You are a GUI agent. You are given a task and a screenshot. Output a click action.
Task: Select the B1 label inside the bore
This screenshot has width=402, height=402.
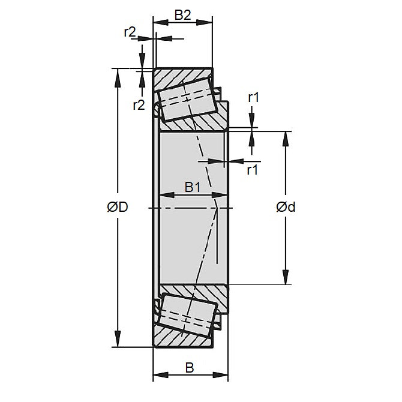(x=192, y=188)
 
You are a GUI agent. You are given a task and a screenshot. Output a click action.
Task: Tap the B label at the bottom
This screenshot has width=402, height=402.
(x=190, y=367)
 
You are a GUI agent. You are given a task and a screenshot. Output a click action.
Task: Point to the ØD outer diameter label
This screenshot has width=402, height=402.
(x=118, y=208)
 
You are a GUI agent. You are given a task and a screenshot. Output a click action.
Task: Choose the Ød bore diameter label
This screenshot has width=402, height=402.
(x=286, y=208)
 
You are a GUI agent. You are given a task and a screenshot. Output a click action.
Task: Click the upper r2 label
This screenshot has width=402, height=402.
(x=130, y=33)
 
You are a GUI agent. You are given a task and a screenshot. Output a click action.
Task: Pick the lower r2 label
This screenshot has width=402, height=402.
(x=139, y=106)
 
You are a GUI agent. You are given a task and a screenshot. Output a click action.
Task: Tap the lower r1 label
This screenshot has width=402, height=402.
(x=253, y=169)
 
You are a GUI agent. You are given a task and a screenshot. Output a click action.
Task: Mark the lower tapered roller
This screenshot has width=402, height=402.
(x=187, y=313)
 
